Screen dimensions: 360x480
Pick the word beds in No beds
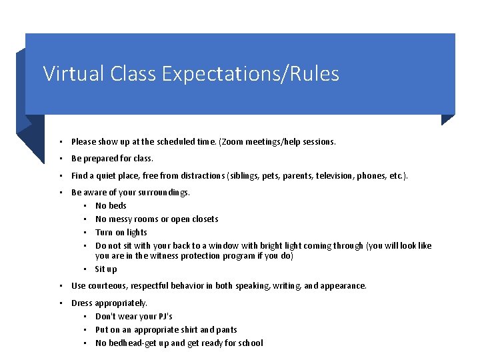pos(117,206)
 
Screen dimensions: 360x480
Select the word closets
pos(204,219)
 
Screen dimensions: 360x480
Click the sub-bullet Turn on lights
pos(121,233)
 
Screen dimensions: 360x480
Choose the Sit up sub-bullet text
pos(105,269)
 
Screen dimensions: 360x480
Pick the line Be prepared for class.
pos(112,159)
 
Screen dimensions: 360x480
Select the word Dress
pos(82,303)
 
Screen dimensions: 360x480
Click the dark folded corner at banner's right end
pos(447,119)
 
